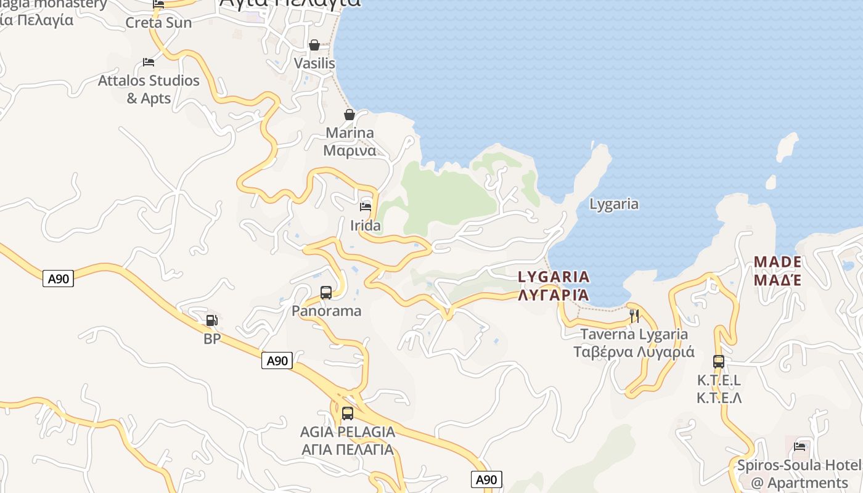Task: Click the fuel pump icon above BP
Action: coord(211,320)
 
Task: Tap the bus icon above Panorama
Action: coord(326,293)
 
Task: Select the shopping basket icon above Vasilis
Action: coord(314,45)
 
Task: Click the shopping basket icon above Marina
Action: coord(350,115)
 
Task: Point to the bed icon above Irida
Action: coord(366,207)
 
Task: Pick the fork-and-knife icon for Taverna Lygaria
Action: coord(634,316)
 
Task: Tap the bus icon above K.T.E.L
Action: coord(719,362)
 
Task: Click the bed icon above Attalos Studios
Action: coord(148,62)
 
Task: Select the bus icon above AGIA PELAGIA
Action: coord(348,414)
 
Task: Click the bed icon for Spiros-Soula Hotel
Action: coord(800,447)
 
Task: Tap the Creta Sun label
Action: coord(158,23)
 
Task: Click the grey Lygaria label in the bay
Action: coord(613,204)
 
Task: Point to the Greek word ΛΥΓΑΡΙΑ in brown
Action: coord(554,295)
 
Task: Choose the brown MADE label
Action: coord(777,262)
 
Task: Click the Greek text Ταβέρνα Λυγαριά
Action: coord(634,352)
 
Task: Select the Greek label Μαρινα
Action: coord(350,150)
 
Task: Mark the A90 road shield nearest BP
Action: coord(277,361)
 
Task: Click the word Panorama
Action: coord(326,311)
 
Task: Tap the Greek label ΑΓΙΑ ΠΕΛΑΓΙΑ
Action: coord(348,449)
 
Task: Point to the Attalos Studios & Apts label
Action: coord(149,89)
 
